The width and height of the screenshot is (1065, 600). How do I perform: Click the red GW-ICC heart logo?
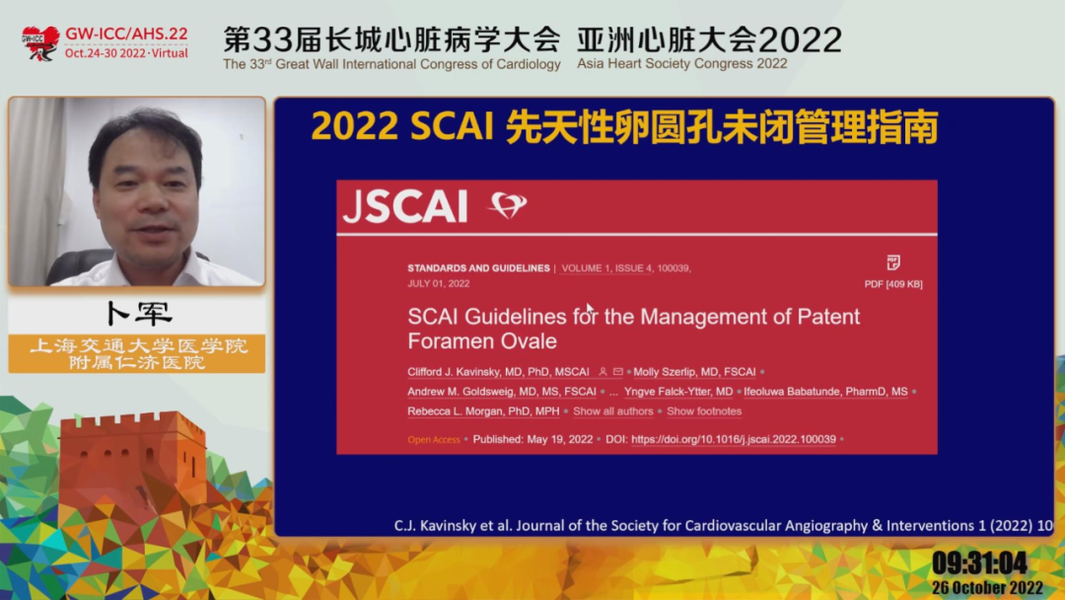pyautogui.click(x=40, y=43)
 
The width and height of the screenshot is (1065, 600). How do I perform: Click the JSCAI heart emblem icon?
pyautogui.click(x=508, y=204)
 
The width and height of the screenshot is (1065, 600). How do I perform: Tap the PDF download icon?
pyautogui.click(x=893, y=262)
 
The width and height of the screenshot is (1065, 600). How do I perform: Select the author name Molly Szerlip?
pyautogui.click(x=694, y=372)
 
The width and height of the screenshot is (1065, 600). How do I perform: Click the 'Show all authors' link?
pyautogui.click(x=612, y=412)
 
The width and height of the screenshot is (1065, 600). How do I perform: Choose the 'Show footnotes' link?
pyautogui.click(x=704, y=412)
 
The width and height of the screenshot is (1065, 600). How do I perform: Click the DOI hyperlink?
pyautogui.click(x=734, y=439)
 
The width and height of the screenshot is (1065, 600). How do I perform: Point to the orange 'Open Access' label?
pyautogui.click(x=434, y=439)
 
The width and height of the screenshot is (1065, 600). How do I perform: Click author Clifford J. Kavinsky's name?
pyautogui.click(x=499, y=372)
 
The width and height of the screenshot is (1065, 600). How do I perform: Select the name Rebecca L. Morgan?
pyautogui.click(x=483, y=412)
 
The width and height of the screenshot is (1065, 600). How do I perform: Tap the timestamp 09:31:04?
pyautogui.click(x=979, y=562)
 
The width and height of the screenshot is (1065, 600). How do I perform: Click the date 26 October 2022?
pyautogui.click(x=987, y=588)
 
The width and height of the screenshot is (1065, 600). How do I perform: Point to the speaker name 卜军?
pyautogui.click(x=139, y=313)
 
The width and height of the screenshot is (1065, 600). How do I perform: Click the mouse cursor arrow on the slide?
pyautogui.click(x=591, y=310)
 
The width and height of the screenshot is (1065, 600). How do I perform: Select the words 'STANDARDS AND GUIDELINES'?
pyautogui.click(x=479, y=268)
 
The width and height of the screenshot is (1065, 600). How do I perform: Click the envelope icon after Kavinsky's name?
pyautogui.click(x=618, y=372)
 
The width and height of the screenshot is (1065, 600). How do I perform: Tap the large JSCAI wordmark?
pyautogui.click(x=405, y=206)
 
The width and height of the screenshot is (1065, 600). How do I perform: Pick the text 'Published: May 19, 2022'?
pyautogui.click(x=532, y=439)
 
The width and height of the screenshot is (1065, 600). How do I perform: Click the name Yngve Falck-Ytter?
pyautogui.click(x=678, y=392)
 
